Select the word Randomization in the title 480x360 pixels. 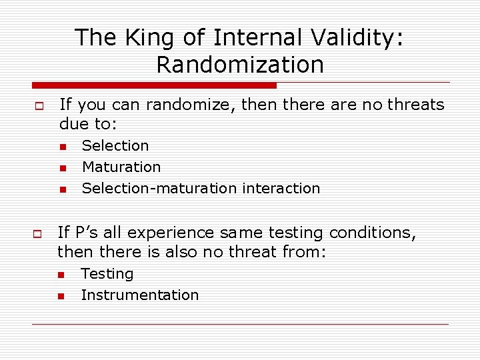tap(240, 65)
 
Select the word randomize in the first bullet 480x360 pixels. tap(174, 105)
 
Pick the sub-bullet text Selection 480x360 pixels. tap(115, 145)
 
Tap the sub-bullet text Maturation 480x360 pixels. tap(121, 167)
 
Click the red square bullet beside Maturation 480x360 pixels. tap(61, 168)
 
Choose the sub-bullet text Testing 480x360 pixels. tap(107, 273)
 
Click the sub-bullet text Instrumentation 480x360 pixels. tap(140, 295)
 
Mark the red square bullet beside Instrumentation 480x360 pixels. tap(61, 296)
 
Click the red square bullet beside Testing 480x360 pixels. tap(61, 275)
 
